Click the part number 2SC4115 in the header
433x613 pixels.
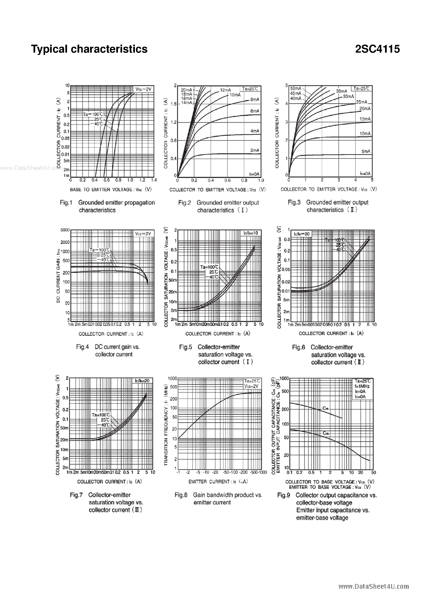click(377, 49)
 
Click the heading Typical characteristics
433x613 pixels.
click(89, 49)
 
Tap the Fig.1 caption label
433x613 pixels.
click(66, 203)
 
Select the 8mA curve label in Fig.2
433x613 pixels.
click(255, 100)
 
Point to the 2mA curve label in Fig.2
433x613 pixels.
click(255, 150)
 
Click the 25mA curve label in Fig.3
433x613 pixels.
click(362, 102)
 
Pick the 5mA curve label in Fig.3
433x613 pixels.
click(366, 151)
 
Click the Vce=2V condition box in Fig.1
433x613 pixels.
click(143, 89)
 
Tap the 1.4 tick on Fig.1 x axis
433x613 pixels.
click(154, 180)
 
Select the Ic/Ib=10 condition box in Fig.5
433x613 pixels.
click(251, 233)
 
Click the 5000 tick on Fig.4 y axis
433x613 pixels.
click(65, 230)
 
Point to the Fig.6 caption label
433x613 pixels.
click(298, 347)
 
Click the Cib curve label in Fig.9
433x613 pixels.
click(326, 408)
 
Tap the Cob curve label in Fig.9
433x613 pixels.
click(326, 433)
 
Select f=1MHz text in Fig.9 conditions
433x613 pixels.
click(362, 386)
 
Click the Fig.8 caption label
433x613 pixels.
click(181, 495)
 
